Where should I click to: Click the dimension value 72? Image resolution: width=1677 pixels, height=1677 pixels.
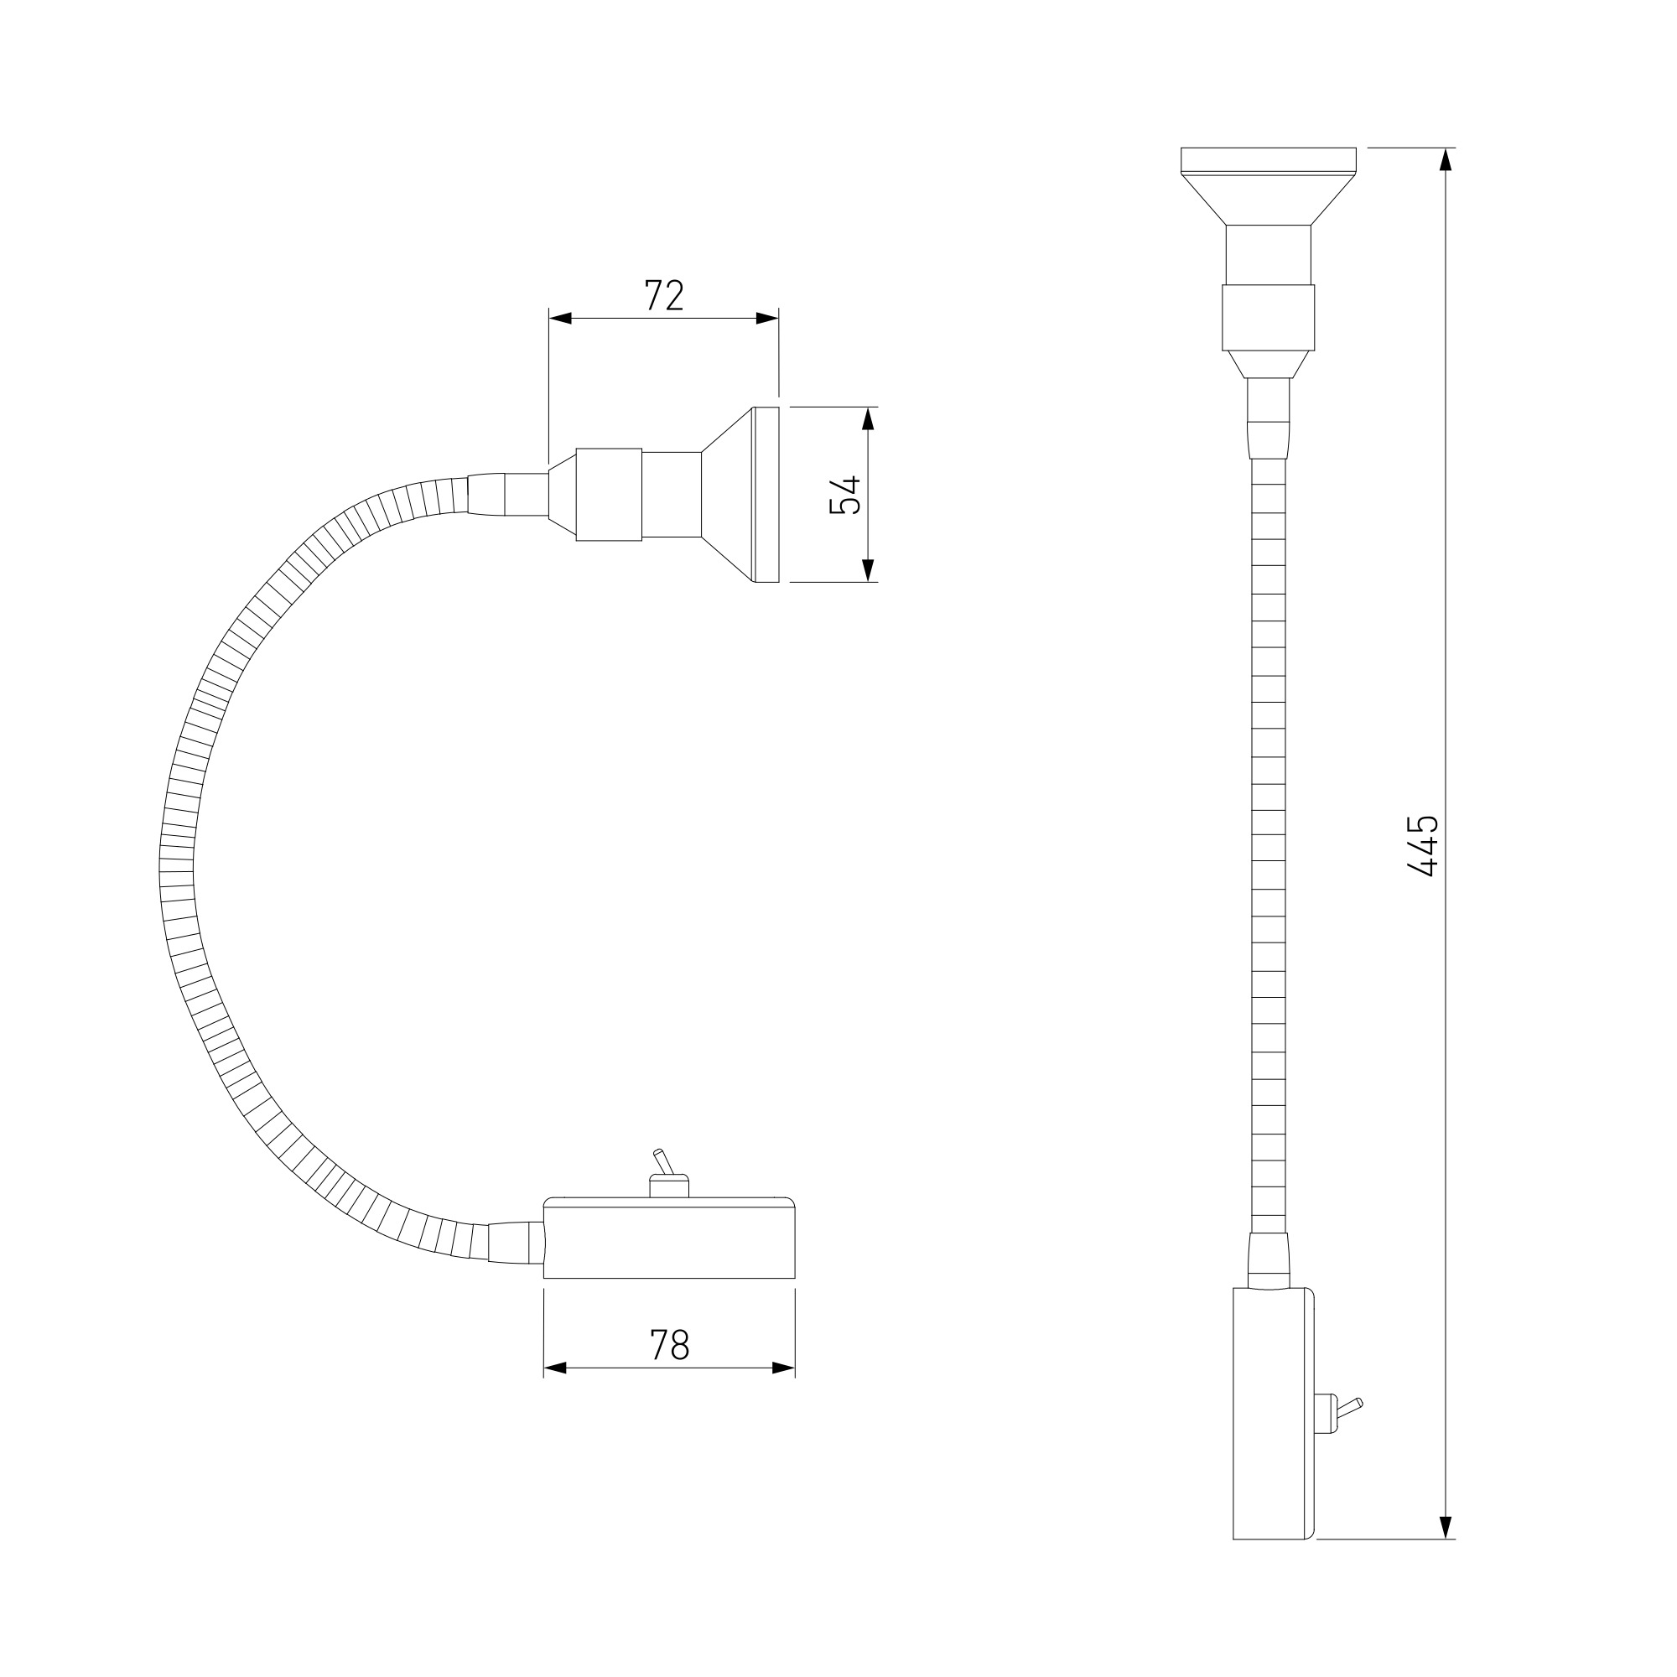coord(664,296)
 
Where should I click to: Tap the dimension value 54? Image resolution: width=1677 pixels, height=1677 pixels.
coord(844,495)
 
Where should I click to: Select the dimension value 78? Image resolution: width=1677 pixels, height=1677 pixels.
coord(669,1346)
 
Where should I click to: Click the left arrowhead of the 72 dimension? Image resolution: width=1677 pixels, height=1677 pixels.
coord(560,319)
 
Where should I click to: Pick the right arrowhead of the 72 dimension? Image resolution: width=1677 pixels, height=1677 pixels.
coord(767,319)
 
